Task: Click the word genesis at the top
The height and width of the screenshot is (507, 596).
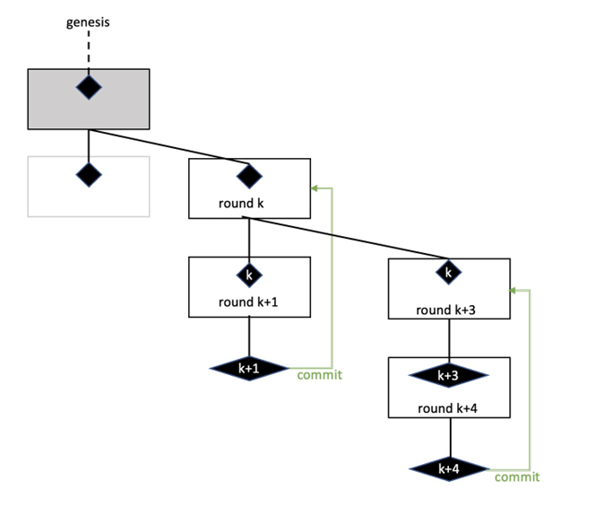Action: coord(88,22)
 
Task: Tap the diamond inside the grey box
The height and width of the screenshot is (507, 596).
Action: coord(89,87)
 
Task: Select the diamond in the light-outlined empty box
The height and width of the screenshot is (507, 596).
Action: coord(89,174)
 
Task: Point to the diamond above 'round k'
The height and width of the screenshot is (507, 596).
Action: coord(248,173)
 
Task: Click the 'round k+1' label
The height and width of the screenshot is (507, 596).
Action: coord(249,302)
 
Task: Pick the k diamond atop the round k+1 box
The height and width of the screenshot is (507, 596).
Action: coord(249,272)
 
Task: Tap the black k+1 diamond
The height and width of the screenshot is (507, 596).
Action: coord(249,367)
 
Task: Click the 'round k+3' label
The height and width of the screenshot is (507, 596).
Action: coord(447,310)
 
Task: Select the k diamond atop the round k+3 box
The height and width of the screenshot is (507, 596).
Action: coord(447,270)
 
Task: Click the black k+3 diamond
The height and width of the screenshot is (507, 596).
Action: coord(448,375)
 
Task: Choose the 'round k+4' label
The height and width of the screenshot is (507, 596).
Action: coord(448,408)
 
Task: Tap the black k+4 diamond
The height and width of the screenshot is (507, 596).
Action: coord(449,469)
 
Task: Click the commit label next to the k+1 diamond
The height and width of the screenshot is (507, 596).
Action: coord(319,374)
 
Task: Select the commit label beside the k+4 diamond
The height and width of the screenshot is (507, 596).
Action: coord(517,476)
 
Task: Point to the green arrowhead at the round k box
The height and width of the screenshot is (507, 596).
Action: coord(315,188)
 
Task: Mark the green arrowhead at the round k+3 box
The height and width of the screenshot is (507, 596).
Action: coord(514,290)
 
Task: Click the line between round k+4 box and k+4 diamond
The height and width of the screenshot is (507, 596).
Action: coord(449,437)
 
